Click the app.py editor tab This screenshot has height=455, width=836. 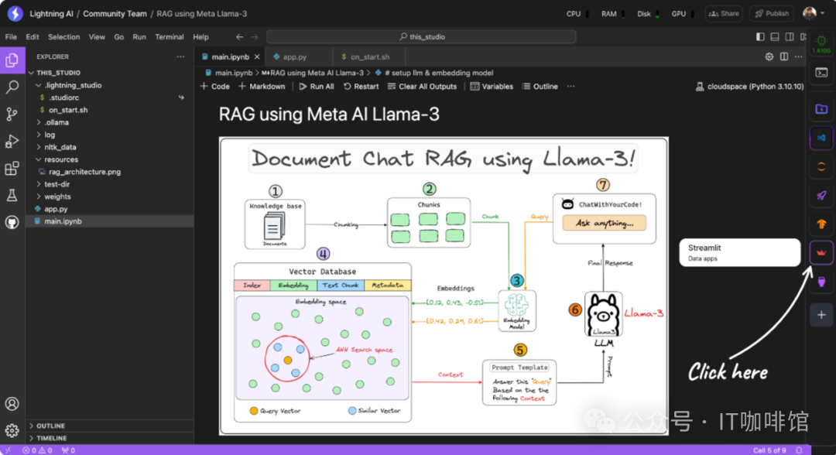point(294,56)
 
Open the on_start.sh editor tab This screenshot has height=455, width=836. point(369,56)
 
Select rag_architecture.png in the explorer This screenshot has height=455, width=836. point(84,172)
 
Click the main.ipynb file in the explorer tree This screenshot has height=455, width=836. point(63,221)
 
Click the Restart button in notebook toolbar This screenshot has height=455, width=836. point(361,87)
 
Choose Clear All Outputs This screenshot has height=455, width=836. point(422,87)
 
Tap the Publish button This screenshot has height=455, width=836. point(772,13)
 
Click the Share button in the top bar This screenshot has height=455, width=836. point(724,13)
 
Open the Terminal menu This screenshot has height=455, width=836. point(169,36)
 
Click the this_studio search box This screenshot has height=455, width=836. point(422,36)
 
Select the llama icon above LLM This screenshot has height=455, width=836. point(604,314)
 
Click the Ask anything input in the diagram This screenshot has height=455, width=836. point(610,223)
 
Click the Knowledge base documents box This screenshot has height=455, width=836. point(275,224)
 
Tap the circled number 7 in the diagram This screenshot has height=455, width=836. point(603,185)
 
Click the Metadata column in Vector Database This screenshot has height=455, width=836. point(387,286)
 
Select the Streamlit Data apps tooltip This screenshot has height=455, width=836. point(738,253)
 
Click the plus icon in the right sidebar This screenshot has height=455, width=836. point(821,315)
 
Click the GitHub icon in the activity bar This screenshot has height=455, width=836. point(12,222)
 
